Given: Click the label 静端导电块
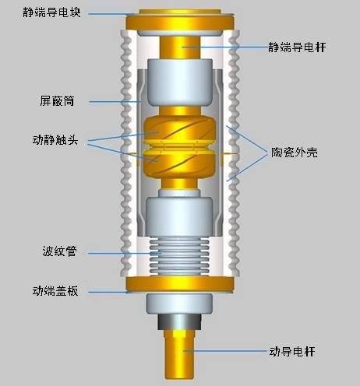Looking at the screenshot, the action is point(51,12).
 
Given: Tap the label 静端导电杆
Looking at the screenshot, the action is point(297,47).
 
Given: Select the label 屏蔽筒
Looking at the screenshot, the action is point(57,101).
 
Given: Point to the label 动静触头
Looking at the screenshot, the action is point(55,140).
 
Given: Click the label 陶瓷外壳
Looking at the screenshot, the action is point(295,153).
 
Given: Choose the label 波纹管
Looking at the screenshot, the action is point(60,251).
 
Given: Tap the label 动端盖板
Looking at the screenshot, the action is point(55,291).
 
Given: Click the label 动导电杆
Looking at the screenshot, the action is point(292,352).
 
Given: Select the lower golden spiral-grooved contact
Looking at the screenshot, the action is point(180,164).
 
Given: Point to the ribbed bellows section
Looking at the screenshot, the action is point(179,256).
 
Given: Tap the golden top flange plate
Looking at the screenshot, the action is point(180,20).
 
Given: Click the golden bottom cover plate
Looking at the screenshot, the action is point(180,284).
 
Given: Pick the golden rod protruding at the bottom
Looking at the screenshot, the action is point(179,355).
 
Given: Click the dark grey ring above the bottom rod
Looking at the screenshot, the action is point(180,322).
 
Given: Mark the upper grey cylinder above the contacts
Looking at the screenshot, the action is point(180,82).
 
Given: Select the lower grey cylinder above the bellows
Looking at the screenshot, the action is point(179,217).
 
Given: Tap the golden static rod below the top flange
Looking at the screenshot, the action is point(180,47).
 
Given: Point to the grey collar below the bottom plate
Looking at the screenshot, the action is point(179,304).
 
